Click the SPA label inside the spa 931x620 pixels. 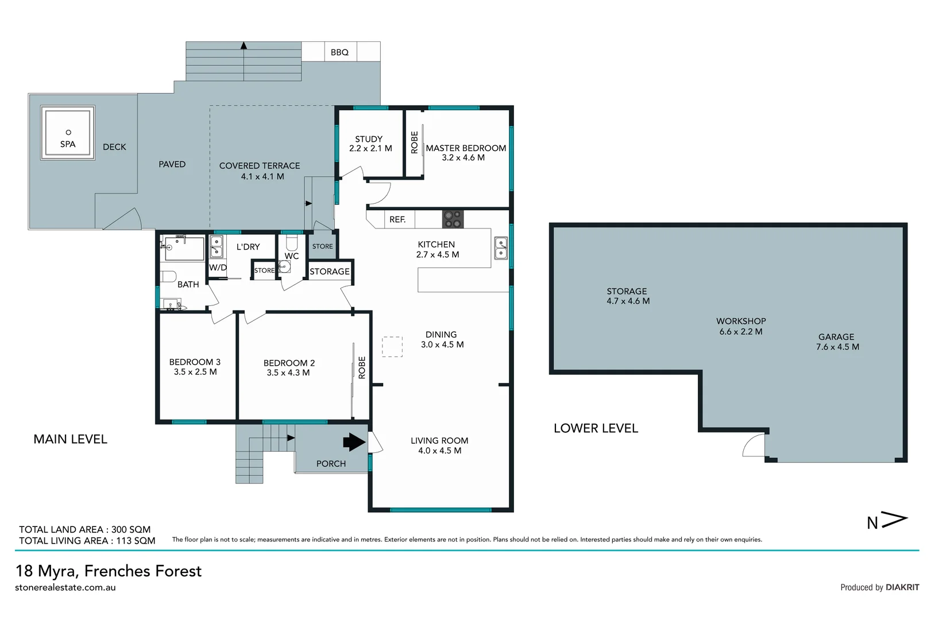[68, 144]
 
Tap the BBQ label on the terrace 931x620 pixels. [339, 52]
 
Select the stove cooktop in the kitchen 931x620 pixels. [453, 219]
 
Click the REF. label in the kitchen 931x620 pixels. [397, 219]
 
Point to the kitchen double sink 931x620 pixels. [501, 249]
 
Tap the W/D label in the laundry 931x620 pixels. [218, 268]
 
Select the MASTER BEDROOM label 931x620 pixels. [466, 148]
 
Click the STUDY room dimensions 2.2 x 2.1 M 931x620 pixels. [370, 148]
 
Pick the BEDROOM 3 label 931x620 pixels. [195, 362]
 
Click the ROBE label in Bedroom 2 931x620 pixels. [362, 367]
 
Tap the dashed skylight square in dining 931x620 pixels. [393, 347]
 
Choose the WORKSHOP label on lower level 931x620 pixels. [740, 321]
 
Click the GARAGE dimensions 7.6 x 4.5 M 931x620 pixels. [837, 347]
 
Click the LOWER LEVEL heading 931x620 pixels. [596, 428]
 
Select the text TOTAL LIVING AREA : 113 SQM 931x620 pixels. [87, 540]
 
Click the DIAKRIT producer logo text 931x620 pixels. [902, 587]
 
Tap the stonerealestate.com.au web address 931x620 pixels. [65, 587]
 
